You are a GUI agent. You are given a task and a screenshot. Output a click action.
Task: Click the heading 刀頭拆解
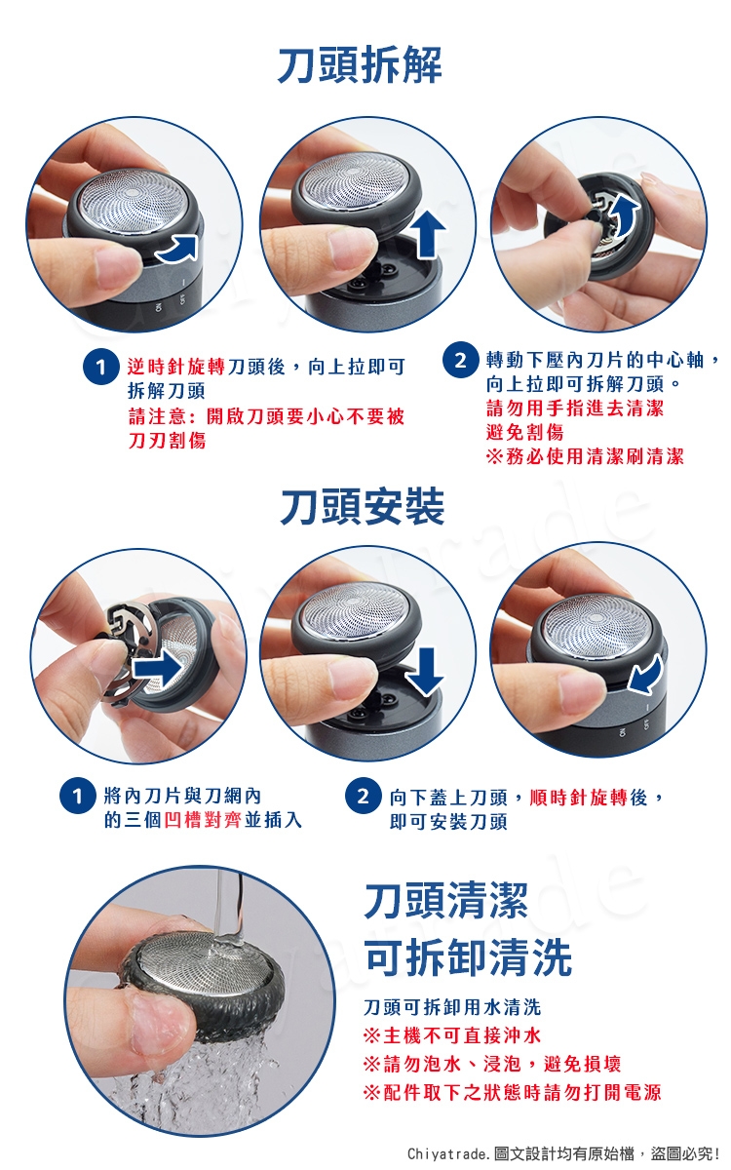pos(360,64)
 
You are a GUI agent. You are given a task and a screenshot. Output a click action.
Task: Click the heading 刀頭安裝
pos(363,506)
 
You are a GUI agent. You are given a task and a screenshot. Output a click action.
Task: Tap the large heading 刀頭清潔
pos(446,901)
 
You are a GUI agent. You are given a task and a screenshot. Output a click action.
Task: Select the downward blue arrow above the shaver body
pos(425,672)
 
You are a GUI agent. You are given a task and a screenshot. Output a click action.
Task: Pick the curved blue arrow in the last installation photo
pos(646,675)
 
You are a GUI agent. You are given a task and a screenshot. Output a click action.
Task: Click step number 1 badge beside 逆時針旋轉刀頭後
pos(99,367)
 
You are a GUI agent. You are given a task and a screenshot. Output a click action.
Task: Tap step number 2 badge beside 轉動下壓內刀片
pos(459,360)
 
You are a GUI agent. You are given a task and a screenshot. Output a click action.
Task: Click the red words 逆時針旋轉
pos(176,367)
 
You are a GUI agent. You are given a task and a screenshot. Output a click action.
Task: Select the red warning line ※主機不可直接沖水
pos(452,1035)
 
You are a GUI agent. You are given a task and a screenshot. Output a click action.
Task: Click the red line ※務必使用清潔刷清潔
pos(585,456)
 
